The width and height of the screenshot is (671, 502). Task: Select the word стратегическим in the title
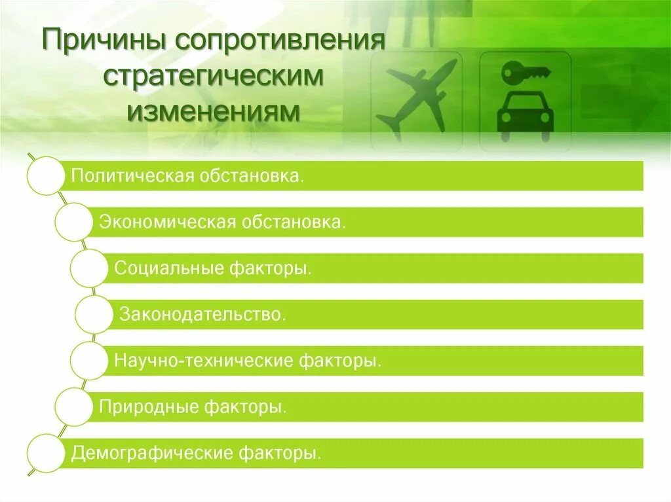click(x=214, y=77)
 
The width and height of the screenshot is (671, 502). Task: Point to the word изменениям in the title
click(x=214, y=110)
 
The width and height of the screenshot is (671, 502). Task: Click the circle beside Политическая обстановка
click(x=45, y=175)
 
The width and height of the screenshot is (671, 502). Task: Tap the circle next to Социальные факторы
click(x=88, y=268)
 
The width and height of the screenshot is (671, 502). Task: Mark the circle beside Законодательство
click(x=94, y=315)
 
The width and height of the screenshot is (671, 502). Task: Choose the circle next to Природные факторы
click(x=73, y=407)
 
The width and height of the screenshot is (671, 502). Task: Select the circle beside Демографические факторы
click(x=45, y=452)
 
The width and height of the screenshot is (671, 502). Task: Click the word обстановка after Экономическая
click(x=294, y=223)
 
